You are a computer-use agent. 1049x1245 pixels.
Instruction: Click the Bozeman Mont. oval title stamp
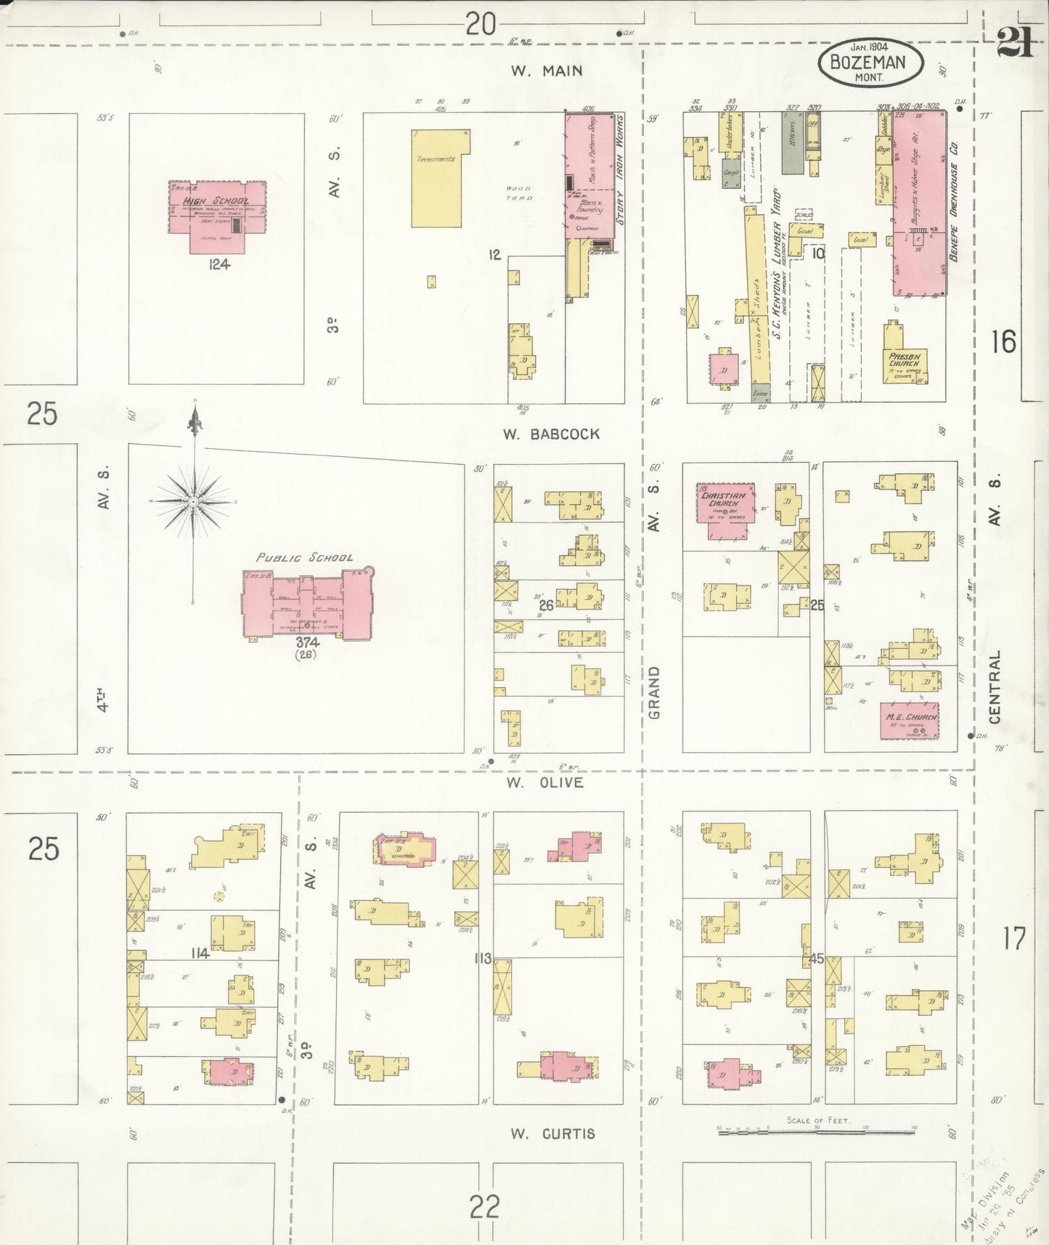point(870,62)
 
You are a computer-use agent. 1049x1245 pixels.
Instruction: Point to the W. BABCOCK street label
point(552,434)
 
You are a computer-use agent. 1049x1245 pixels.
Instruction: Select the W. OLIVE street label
point(544,782)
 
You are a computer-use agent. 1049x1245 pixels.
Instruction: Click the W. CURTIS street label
point(552,1133)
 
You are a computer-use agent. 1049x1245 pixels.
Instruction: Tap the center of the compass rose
point(193,501)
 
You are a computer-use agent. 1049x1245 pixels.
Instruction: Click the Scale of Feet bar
point(816,1132)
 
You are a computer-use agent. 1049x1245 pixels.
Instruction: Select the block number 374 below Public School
point(308,642)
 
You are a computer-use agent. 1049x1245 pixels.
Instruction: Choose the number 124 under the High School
point(219,264)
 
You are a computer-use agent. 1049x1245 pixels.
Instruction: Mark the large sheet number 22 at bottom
point(484,1207)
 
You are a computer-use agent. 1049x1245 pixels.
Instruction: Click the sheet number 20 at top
point(481,25)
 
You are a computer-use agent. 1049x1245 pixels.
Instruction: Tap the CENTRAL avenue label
point(995,686)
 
